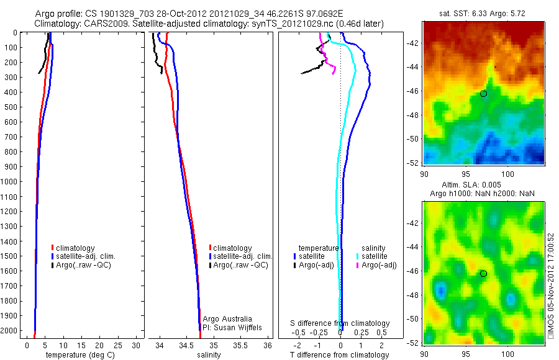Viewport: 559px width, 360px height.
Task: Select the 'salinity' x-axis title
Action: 209,355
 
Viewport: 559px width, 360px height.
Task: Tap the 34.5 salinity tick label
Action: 186,345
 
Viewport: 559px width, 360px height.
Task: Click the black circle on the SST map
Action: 483,93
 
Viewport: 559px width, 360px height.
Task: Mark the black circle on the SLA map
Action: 483,274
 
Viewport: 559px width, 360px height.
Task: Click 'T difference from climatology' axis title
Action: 339,355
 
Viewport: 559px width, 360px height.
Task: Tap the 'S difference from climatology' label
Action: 340,323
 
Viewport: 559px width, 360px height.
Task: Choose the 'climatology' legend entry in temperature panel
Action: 76,248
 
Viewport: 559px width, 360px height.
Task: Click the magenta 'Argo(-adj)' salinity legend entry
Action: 379,265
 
